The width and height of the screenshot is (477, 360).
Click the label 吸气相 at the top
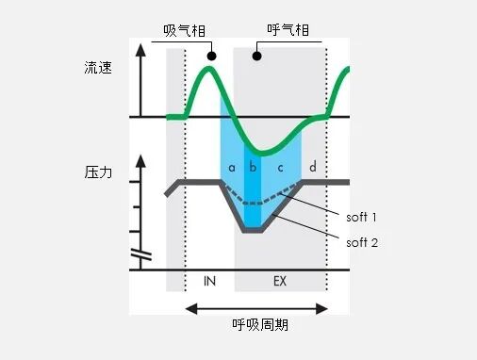tap(185, 32)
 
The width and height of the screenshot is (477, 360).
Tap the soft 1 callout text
tap(362, 218)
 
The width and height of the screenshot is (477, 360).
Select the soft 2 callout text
tap(362, 242)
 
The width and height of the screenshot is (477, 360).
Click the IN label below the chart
tap(209, 282)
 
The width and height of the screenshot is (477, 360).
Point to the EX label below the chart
tap(280, 282)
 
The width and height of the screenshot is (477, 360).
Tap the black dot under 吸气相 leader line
tap(212, 57)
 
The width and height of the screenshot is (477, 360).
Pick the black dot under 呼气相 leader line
tap(256, 57)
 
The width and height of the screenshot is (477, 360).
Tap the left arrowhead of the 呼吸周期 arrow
tap(189, 307)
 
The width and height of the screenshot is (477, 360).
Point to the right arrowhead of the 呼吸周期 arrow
tap(325, 307)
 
